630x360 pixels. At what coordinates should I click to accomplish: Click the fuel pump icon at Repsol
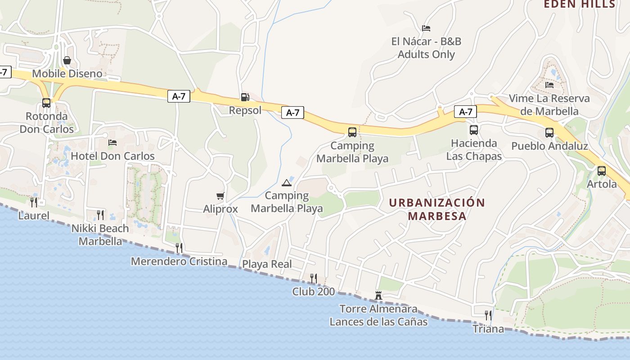245,97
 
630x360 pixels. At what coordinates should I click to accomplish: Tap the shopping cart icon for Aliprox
220,196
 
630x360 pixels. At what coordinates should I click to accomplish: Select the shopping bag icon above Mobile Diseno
67,60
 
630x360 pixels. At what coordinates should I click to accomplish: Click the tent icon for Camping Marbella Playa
286,183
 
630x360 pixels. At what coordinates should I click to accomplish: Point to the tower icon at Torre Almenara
378,296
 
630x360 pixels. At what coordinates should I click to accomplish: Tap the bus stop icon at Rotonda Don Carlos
46,103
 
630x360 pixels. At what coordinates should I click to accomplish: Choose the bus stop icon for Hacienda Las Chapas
474,130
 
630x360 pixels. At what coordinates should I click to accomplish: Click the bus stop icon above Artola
602,171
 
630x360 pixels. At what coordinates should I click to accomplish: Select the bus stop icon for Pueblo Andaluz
549,133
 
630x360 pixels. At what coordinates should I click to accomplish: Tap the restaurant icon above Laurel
34,202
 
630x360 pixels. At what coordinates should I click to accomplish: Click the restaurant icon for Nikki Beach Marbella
100,215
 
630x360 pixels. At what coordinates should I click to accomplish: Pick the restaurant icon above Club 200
314,278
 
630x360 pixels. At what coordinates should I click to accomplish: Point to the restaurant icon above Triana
488,315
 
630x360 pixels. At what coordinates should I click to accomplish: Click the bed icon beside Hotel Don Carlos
112,143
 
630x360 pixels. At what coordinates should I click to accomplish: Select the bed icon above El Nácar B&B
426,28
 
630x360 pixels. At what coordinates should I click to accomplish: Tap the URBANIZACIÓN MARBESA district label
437,209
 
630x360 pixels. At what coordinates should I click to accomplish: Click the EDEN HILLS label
580,4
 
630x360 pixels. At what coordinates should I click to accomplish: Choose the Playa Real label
267,264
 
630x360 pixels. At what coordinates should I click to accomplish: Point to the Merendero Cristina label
179,261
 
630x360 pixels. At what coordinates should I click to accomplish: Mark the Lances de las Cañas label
378,322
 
